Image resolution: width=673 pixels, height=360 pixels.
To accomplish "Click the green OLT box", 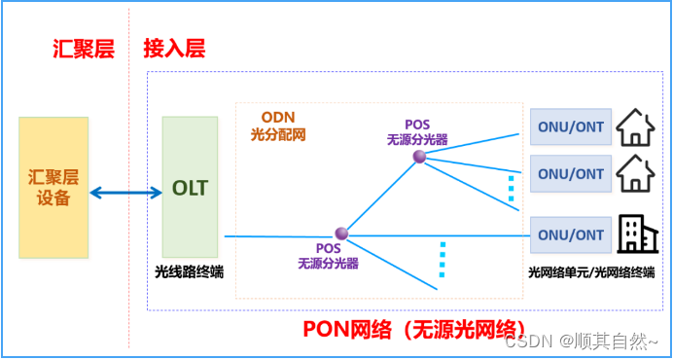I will pos(190,188).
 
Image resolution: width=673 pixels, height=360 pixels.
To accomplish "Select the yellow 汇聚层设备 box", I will pos(53,188).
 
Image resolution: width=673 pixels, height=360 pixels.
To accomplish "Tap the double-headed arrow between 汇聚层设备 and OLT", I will pos(124,192).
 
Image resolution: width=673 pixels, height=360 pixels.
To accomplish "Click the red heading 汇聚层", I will pos(83,50).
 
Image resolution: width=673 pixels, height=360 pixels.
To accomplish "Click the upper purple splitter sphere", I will pos(419,157).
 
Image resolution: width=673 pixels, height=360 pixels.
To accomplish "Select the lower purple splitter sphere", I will pos(341,234).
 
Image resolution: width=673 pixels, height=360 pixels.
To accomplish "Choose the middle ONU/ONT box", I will pos(571,174).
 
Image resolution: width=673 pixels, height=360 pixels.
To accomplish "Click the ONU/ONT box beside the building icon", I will pos(571,234).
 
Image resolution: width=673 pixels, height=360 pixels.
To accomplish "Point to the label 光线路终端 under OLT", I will pos(189,271).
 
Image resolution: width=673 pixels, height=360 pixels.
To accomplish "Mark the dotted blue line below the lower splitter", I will pos(442,260).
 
